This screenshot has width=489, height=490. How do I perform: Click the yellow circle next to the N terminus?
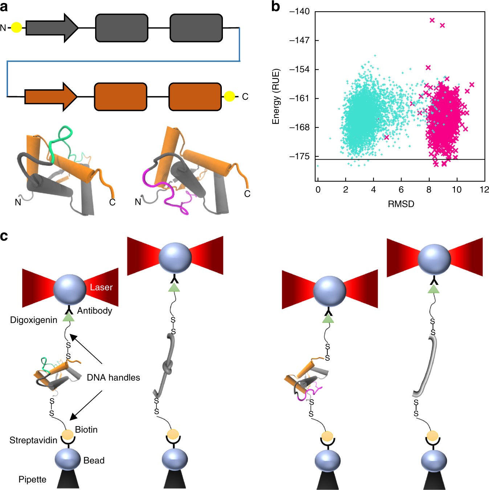tap(16, 28)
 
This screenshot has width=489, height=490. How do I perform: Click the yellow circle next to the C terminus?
tap(229, 96)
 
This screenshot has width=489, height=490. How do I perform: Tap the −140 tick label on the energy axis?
tap(299, 12)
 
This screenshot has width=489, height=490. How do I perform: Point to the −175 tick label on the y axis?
tap(299, 156)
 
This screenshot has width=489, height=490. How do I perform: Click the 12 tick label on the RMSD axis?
tap(484, 190)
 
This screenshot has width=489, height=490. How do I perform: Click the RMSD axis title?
tap(401, 204)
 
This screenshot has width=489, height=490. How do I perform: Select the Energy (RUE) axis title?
tap(276, 96)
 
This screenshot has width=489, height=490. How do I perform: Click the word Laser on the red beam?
tap(101, 287)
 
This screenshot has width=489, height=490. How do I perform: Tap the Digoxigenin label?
tap(34, 320)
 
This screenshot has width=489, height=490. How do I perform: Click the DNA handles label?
tap(113, 377)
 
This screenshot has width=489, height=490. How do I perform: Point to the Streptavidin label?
tap(33, 440)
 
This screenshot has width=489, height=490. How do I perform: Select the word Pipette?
tap(32, 479)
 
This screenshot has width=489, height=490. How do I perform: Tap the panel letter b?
tap(276, 7)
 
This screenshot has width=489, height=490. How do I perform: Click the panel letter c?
tap(4, 236)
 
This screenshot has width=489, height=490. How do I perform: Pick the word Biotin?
tap(86, 430)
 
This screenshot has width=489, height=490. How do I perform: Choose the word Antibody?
tap(94, 311)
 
